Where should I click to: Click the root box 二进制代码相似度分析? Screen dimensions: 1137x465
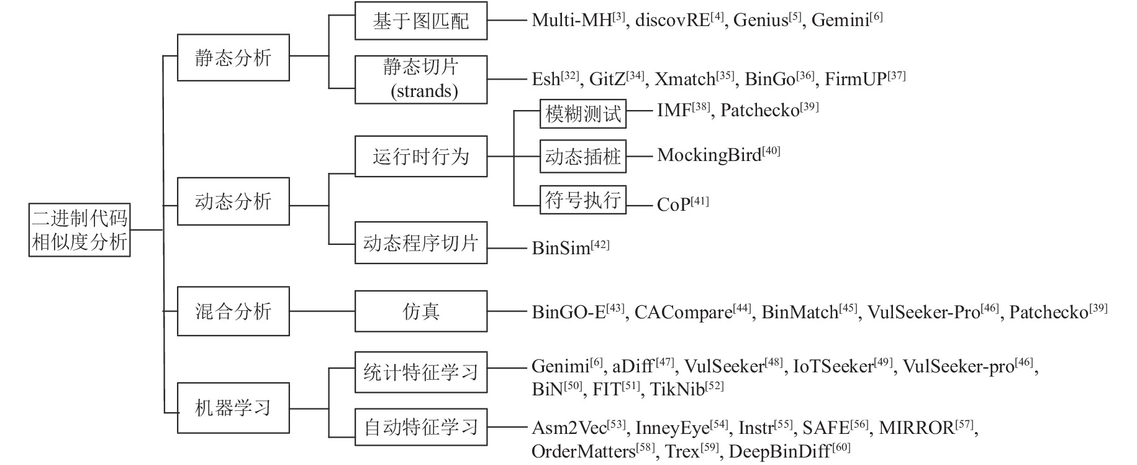(79, 229)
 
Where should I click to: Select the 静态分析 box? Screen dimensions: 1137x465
(233, 58)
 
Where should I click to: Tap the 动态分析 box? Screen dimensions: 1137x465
(233, 201)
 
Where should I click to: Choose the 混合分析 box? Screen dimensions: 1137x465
(233, 311)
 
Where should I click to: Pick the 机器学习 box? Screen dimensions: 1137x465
(233, 408)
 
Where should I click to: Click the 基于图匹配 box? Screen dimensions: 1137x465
(421, 21)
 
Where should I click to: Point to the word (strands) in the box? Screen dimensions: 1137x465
(424, 91)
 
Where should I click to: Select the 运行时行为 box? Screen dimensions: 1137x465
(421, 156)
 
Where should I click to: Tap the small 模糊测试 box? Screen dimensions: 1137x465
(583, 114)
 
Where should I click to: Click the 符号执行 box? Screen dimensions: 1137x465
(583, 200)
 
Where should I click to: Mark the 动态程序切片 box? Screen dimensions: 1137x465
(421, 242)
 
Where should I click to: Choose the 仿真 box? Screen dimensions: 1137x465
(421, 311)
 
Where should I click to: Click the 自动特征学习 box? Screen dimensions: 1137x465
(421, 427)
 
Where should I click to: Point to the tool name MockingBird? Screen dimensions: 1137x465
(709, 155)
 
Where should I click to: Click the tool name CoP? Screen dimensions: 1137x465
(674, 205)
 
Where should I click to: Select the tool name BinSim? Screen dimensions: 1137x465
(561, 248)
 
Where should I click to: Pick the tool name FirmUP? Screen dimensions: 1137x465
(856, 79)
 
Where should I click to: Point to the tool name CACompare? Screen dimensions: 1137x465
(683, 312)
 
